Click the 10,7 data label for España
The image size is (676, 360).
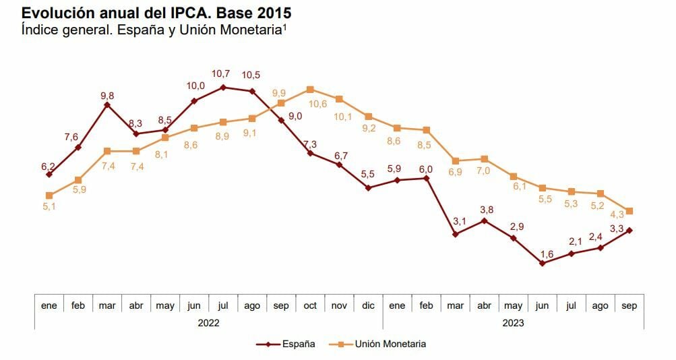click(x=222, y=73)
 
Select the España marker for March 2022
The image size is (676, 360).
click(x=107, y=105)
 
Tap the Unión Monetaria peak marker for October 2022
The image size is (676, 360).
click(x=310, y=89)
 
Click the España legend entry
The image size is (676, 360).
click(x=286, y=344)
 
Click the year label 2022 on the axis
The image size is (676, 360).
click(x=208, y=323)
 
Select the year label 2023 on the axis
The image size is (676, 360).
click(x=513, y=323)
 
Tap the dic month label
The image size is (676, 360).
click(x=368, y=305)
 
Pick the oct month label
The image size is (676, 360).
click(x=310, y=305)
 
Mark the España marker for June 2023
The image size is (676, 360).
click(x=543, y=264)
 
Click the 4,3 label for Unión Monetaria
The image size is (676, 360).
click(x=618, y=215)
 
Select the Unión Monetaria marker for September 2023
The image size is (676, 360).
click(x=629, y=211)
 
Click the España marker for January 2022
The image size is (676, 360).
click(x=49, y=175)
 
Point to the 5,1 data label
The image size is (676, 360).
click(x=49, y=207)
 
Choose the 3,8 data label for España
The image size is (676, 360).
click(x=486, y=210)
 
